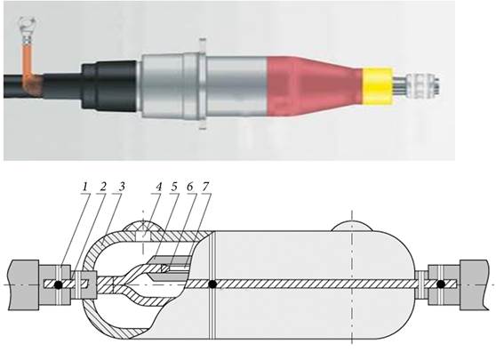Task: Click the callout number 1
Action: coord(84,187)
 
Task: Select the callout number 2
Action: coord(103,187)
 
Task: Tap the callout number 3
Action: coord(122,187)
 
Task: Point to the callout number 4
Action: coord(158,187)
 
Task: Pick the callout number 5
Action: coord(174,187)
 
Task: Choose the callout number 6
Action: coord(190,187)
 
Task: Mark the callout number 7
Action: coord(205,187)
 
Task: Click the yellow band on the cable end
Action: coord(378,85)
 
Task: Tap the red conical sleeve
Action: coord(314,86)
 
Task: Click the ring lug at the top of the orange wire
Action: coord(28,23)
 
